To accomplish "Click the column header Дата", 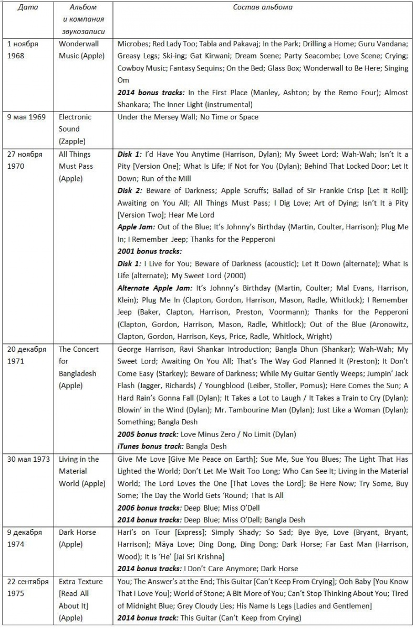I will click(28, 8).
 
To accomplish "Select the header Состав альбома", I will click(263, 8).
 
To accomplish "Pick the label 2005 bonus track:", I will click(148, 434).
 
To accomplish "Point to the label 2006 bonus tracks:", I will click(149, 508).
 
